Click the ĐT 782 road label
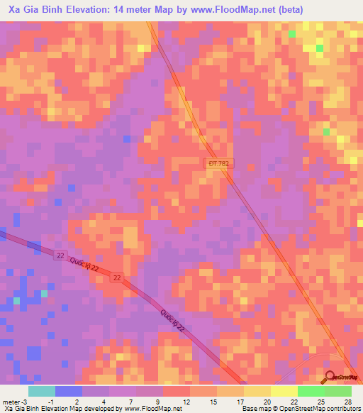(219, 163)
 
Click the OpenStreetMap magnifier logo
(330, 378)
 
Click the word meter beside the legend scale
(11, 402)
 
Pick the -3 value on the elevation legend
(25, 402)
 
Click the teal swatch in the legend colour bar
(42, 391)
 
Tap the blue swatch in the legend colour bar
(69, 391)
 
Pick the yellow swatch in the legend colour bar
(284, 391)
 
